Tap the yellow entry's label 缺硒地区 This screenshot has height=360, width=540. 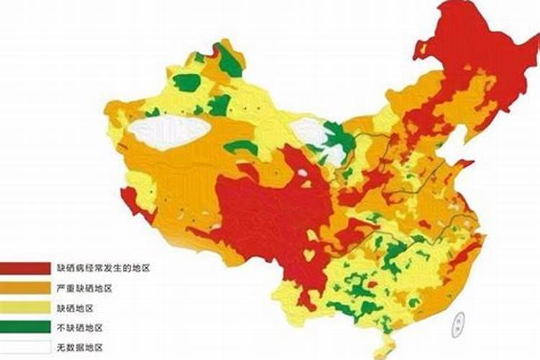tap(75, 308)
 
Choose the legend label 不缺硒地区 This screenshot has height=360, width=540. tap(80, 328)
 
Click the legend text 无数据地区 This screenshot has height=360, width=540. tap(80, 347)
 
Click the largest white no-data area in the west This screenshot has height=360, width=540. tap(169, 132)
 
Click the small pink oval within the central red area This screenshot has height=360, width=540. tap(303, 173)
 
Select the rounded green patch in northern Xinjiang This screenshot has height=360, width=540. tap(186, 83)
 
